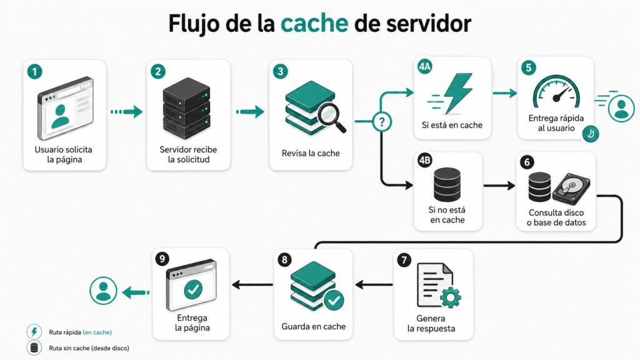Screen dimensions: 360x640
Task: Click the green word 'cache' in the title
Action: pos(314,23)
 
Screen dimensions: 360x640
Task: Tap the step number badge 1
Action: pos(36,71)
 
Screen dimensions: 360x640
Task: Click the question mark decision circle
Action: pos(380,121)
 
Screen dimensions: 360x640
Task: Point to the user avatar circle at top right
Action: pos(621,106)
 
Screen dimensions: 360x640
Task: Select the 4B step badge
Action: pos(424,161)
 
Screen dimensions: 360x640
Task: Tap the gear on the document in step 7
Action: pos(449,298)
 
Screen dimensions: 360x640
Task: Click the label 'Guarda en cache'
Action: pos(314,326)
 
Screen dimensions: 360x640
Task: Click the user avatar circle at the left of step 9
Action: pos(103,291)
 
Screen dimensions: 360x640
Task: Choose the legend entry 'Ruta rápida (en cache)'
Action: pos(80,332)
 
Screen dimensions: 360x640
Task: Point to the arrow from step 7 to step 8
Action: pos(373,285)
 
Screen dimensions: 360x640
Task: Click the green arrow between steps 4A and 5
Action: pos(504,93)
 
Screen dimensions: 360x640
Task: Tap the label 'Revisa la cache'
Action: pos(311,153)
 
